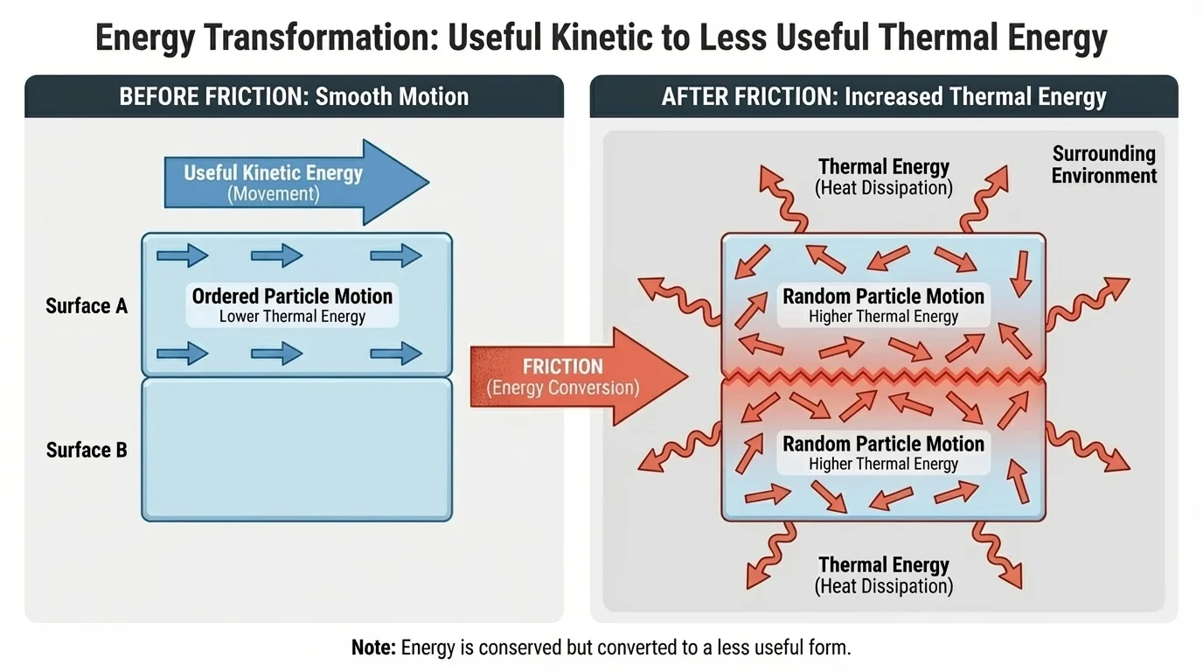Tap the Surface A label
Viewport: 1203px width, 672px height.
[x=87, y=306]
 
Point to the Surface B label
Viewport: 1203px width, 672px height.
[x=87, y=450]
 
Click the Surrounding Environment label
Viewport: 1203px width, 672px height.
[x=1103, y=164]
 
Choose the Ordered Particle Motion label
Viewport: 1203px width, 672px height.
[x=292, y=296]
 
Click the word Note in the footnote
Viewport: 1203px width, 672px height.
[x=374, y=647]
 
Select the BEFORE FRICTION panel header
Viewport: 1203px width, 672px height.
[x=294, y=96]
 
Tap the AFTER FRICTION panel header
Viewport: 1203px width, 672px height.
[x=883, y=96]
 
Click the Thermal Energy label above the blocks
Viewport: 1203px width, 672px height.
[x=883, y=167]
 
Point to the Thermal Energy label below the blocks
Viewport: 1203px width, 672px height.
[x=883, y=565]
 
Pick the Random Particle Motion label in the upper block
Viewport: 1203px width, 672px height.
[x=883, y=297]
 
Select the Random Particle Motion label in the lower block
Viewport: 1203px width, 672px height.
[x=883, y=444]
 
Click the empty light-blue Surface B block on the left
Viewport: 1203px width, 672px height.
[x=297, y=450]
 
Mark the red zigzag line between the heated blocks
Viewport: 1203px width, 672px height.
[x=883, y=376]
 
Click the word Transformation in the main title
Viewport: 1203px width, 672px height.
[x=333, y=38]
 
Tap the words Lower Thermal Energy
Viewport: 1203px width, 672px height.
[x=292, y=317]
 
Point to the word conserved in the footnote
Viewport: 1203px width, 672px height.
[x=506, y=647]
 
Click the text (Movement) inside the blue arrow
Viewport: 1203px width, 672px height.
[x=273, y=193]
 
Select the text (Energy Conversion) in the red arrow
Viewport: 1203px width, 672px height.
[x=562, y=388]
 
